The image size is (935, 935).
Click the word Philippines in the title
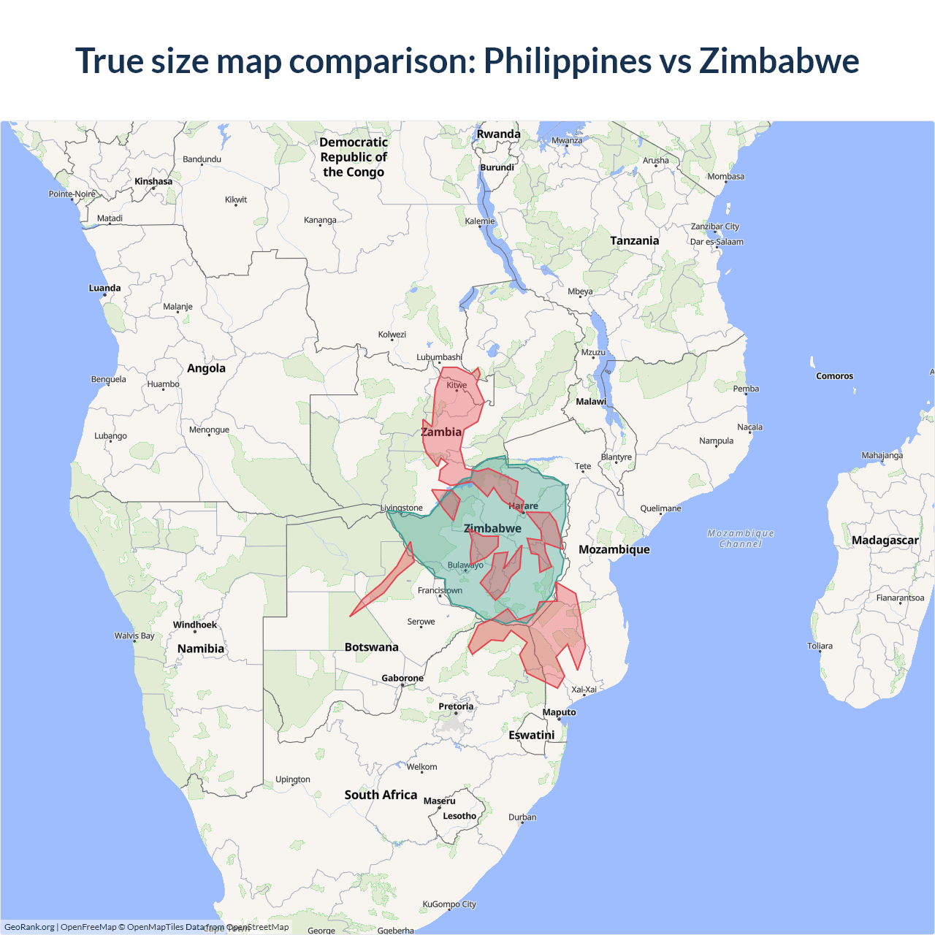(568, 61)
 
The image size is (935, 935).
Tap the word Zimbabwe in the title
(779, 61)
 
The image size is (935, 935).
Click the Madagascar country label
(885, 541)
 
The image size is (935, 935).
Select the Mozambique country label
(614, 549)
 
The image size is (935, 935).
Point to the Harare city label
(523, 505)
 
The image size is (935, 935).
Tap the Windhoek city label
(194, 625)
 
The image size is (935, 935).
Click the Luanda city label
(104, 288)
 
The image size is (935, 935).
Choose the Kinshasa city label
(153, 181)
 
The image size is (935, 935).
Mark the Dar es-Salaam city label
(717, 242)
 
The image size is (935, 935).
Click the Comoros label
(834, 376)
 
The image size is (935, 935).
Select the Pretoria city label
(456, 706)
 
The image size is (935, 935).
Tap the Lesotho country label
(459, 816)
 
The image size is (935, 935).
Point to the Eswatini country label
(531, 735)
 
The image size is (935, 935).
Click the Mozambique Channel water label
(740, 538)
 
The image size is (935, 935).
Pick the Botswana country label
(371, 647)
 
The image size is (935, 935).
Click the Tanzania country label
(634, 240)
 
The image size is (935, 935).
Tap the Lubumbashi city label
(439, 357)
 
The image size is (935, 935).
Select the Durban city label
(522, 817)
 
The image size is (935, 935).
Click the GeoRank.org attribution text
(29, 927)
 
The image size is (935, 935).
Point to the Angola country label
(206, 368)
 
